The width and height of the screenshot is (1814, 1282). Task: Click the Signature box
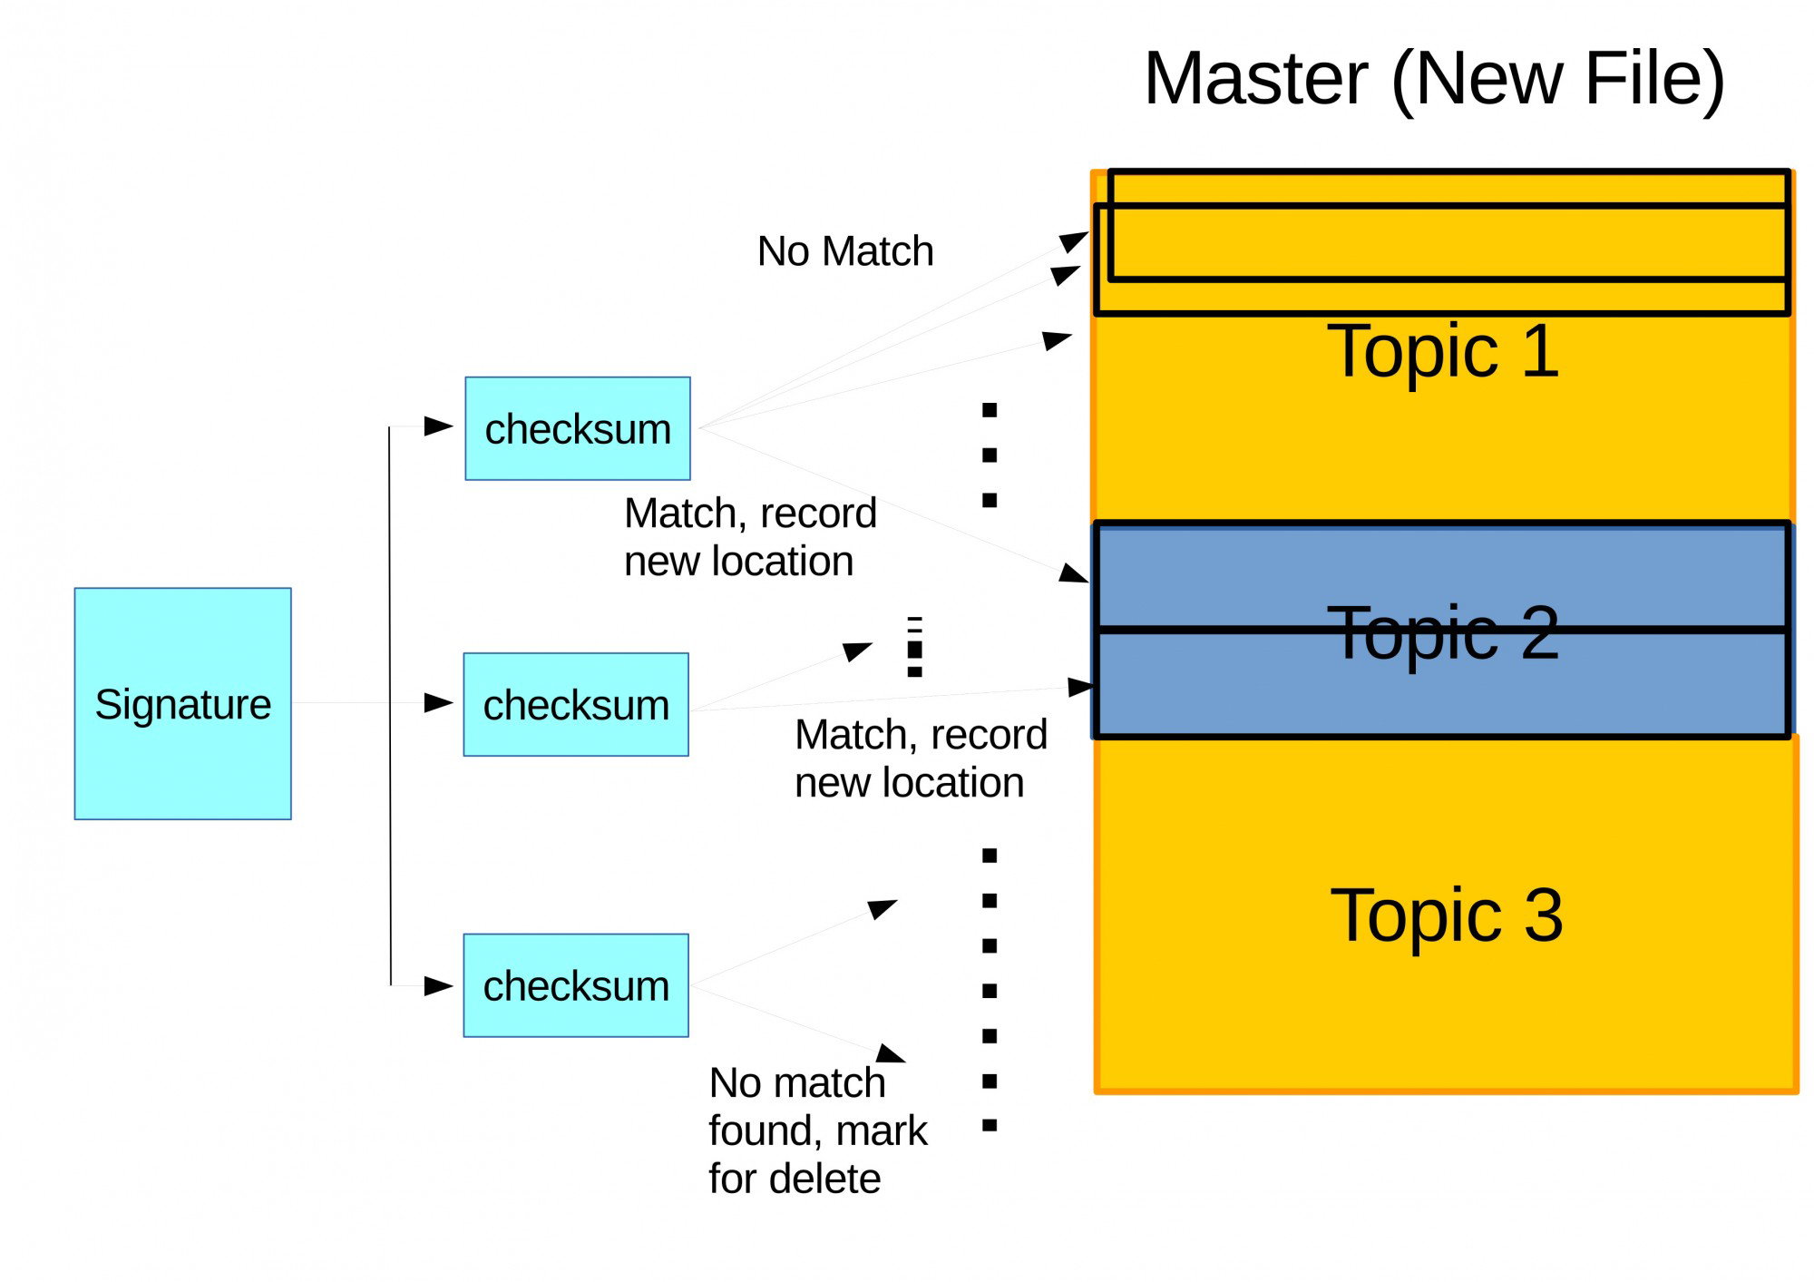coord(182,703)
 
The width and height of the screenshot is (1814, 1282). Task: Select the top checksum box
coord(578,428)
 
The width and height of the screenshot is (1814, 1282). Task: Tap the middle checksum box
coord(576,704)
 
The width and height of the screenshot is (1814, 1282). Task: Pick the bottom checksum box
coord(576,985)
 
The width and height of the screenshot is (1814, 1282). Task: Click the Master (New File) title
coord(1434,80)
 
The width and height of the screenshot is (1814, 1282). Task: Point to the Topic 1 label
coord(1443,351)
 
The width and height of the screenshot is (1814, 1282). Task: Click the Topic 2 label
coord(1443,632)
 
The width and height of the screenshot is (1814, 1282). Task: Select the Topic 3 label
coord(1447,915)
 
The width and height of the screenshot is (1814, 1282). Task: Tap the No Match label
coord(845,251)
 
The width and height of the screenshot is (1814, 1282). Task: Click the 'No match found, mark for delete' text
coord(818,1130)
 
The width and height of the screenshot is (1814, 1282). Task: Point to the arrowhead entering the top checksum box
coord(439,426)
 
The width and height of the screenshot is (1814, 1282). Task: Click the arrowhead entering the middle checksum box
coord(439,703)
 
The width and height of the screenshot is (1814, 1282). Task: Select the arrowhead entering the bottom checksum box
coord(439,986)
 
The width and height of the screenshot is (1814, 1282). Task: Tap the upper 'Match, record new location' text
coord(750,537)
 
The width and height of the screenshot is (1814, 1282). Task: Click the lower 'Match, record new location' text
coord(921,758)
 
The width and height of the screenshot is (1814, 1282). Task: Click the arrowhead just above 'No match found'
coord(891,1052)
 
